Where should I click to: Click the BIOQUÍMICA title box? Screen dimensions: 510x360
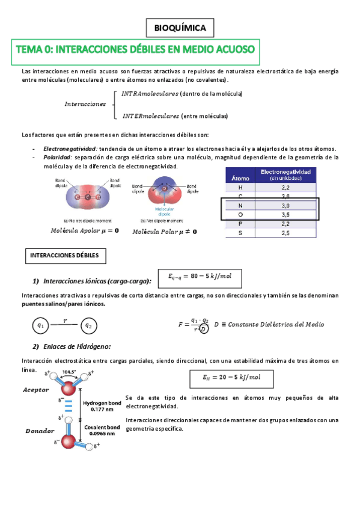click(180, 28)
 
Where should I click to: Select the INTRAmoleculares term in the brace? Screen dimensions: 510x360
click(150, 94)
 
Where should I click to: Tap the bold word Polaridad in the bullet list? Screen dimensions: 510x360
click(57, 157)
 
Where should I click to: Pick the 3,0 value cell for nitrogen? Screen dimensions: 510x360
click(285, 205)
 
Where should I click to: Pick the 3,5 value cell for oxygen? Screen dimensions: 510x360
click(285, 214)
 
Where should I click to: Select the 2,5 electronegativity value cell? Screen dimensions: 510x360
click(285, 232)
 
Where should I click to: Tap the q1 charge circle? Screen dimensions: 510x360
click(41, 325)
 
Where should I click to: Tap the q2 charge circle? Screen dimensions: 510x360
click(88, 325)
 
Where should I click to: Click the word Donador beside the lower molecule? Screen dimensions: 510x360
click(39, 431)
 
